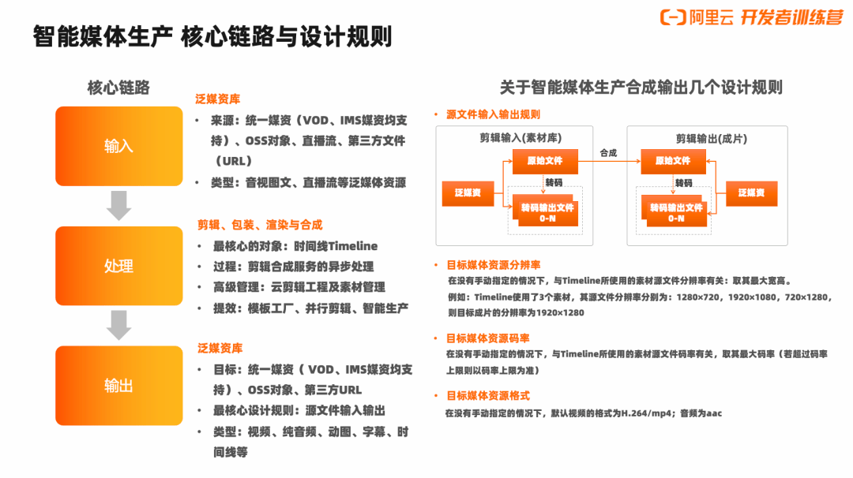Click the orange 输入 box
[x=118, y=146]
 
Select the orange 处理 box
[x=118, y=266]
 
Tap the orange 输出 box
[x=118, y=386]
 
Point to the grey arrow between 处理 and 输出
[x=118, y=325]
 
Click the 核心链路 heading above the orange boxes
[x=118, y=88]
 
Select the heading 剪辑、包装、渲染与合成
[x=260, y=225]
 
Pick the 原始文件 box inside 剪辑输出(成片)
[x=672, y=161]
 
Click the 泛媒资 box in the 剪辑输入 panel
[x=468, y=193]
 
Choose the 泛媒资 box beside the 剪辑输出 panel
[x=751, y=193]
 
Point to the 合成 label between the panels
[x=608, y=152]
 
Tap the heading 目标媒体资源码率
[x=487, y=338]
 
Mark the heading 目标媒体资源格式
[x=487, y=395]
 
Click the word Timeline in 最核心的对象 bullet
[x=353, y=246]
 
